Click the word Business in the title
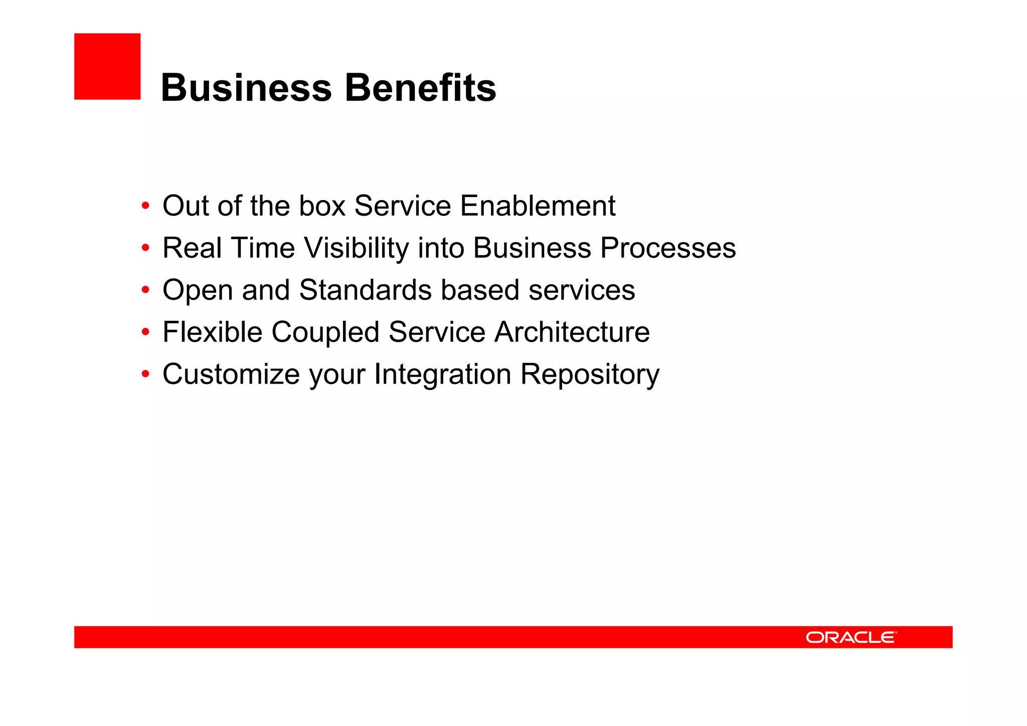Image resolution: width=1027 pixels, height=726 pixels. (x=246, y=88)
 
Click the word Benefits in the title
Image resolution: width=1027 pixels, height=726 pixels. (x=420, y=88)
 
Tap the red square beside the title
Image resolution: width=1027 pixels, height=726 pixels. (x=107, y=66)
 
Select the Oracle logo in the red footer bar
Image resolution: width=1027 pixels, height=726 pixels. (x=851, y=637)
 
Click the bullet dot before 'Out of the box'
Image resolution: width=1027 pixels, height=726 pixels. (x=145, y=206)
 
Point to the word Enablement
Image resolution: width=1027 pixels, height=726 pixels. (x=538, y=206)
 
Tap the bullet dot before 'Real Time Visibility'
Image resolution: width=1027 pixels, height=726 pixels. (x=145, y=248)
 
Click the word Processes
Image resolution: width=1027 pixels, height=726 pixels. (x=668, y=248)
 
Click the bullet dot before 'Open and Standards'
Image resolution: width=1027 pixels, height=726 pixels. (x=145, y=290)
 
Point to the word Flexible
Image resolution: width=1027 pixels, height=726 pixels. (x=212, y=332)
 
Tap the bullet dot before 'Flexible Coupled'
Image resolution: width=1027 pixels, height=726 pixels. (x=145, y=332)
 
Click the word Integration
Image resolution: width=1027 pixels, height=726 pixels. (x=442, y=375)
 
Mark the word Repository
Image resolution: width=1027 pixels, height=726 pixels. (x=590, y=375)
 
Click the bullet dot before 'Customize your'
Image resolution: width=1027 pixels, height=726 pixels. (x=145, y=375)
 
